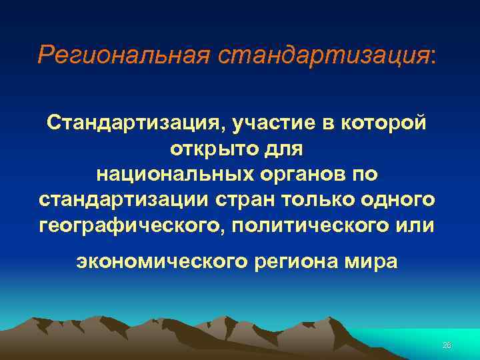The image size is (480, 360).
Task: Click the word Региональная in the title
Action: pos(124,55)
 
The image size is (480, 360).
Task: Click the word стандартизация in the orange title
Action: pos(324,55)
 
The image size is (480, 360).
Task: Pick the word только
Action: pos(321,199)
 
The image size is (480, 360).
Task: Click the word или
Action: pos(413,225)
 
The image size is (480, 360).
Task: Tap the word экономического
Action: pos(161,261)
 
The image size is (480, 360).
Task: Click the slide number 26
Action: pos(446,345)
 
